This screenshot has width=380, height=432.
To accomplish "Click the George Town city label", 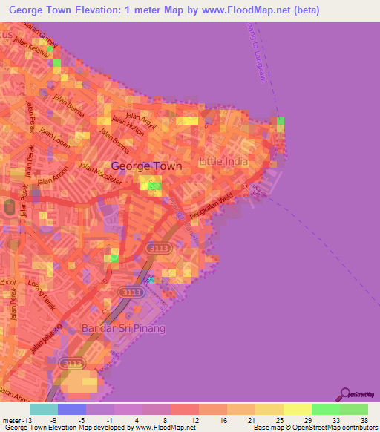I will [146, 167].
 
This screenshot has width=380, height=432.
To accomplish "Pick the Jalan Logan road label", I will [55, 138].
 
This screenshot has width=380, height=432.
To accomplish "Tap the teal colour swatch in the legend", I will [44, 409].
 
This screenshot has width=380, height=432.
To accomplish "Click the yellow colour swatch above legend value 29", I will [297, 409].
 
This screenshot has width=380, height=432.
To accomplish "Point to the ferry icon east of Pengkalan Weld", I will [258, 191].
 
